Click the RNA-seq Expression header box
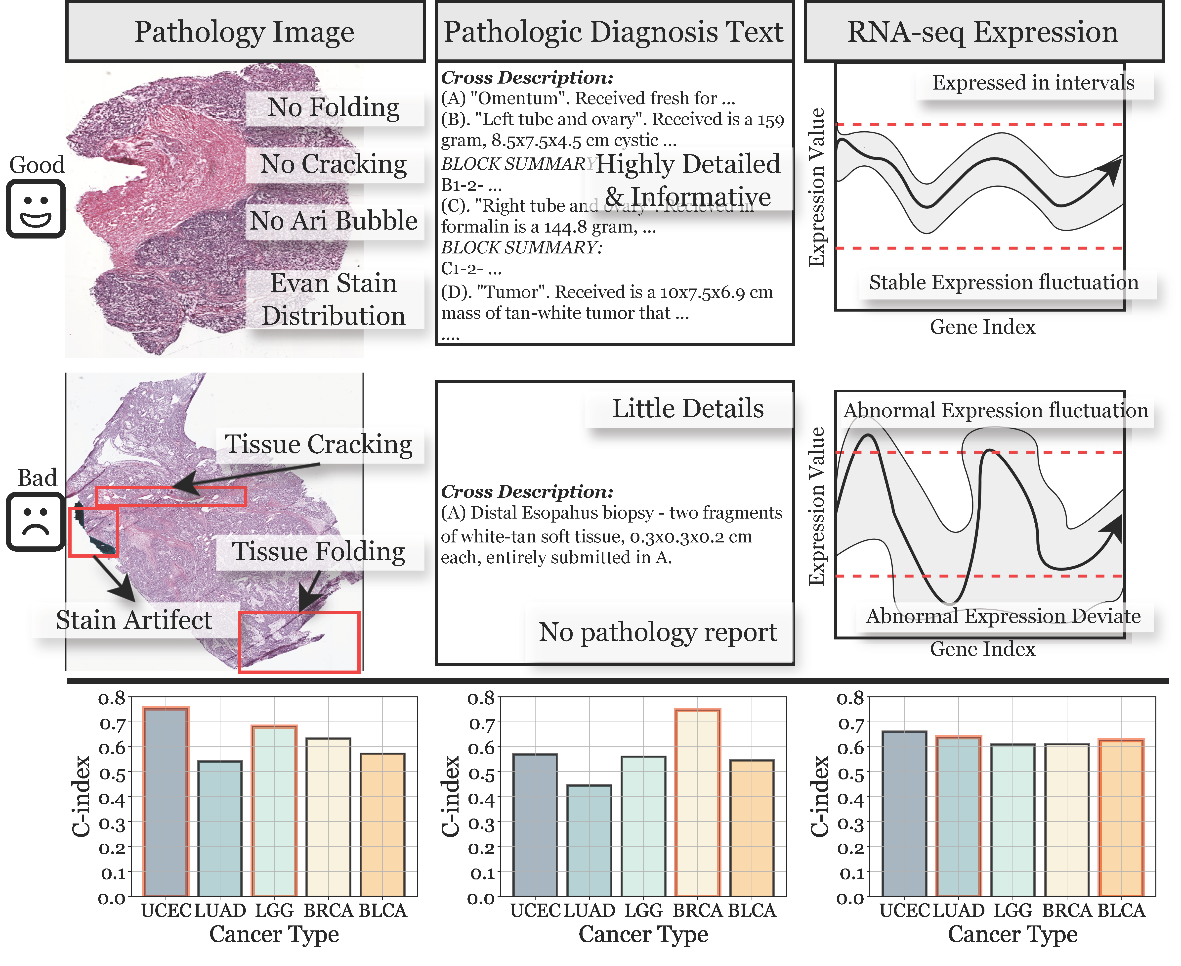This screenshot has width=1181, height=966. pos(983,32)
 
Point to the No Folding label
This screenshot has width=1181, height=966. pos(334,107)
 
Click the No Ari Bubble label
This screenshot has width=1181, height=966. pos(334,221)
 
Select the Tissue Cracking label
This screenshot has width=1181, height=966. pos(319,445)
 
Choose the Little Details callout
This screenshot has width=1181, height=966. pos(688,409)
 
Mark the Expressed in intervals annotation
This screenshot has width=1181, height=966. pos(1033,83)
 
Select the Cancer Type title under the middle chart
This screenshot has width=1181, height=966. pos(643,935)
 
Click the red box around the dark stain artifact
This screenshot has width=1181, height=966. pos(93,531)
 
